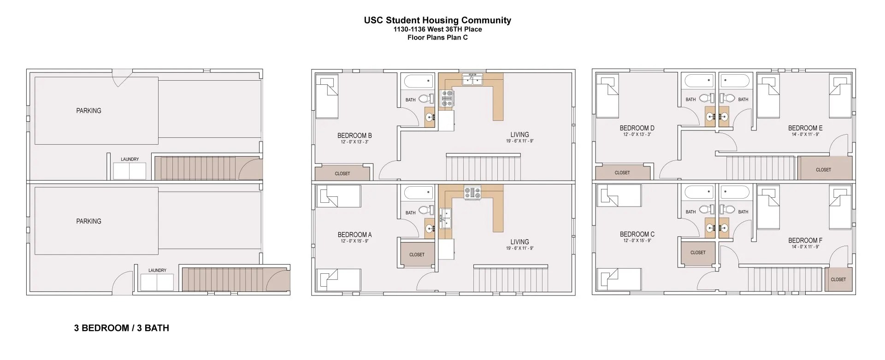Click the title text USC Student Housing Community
[437, 20]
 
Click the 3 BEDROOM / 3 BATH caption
[121, 328]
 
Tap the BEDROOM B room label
[354, 136]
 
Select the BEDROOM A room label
[354, 235]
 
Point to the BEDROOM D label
[637, 128]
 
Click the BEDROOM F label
[805, 241]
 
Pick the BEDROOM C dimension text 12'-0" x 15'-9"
[637, 241]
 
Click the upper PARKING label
[88, 111]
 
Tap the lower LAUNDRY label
[157, 271]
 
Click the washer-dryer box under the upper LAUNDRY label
[130, 171]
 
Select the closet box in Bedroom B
[342, 173]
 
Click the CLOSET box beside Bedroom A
[417, 254]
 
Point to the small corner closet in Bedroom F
[838, 279]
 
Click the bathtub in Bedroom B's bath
[419, 82]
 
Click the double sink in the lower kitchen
[446, 218]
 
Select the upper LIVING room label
[519, 135]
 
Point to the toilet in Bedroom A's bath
[427, 211]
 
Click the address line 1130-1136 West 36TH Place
[437, 29]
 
